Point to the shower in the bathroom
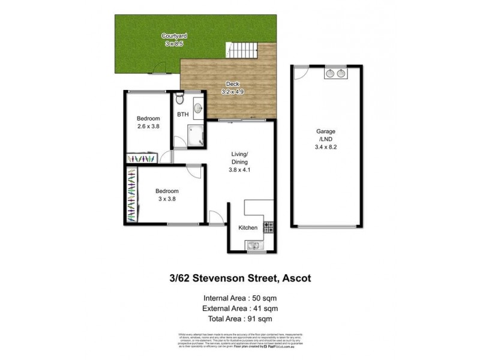pos(196,136)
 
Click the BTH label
pos(183,114)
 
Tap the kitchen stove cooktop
pos(269,227)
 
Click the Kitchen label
pos(248,228)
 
